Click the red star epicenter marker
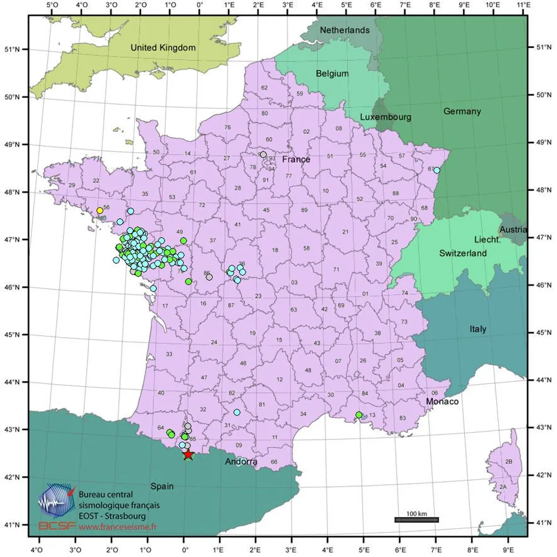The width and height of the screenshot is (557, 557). pos(188,454)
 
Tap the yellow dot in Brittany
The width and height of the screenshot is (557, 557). pos(100,210)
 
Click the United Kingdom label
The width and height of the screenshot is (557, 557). pos(163,48)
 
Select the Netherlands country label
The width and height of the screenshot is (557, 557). pos(344,30)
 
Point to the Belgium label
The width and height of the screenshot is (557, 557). pos(332,73)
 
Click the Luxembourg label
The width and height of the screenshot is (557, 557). pos(385,117)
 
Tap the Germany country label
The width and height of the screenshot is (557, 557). pos(462,111)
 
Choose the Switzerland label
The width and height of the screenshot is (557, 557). pos(463,253)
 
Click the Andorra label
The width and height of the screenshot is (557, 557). pos(241,462)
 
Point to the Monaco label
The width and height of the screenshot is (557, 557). pos(442,402)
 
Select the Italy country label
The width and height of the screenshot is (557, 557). pos(478,329)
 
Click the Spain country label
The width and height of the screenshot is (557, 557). pos(162,486)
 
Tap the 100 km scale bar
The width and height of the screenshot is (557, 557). pos(416,520)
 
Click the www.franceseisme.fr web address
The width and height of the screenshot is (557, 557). pos(118,527)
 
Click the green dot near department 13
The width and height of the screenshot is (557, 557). pos(359,415)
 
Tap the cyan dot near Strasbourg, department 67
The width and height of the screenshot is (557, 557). pos(436,170)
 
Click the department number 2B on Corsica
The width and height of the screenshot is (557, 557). pos(509,462)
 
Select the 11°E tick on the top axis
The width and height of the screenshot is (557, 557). pos(524,6)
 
